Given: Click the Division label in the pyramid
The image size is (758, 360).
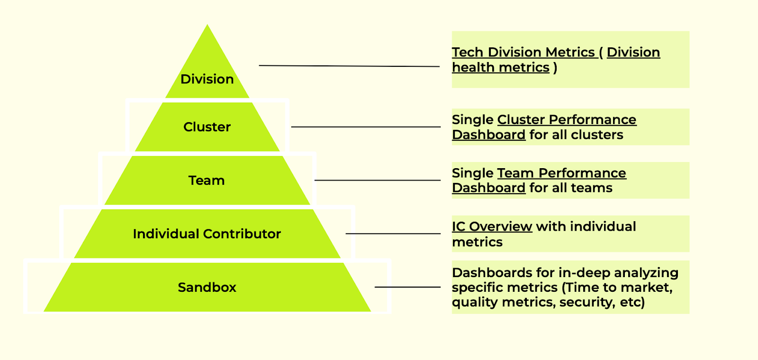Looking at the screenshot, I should tap(207, 79).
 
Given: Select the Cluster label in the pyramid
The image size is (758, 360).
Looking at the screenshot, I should tap(207, 127).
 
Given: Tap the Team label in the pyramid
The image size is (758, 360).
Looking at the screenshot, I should tap(207, 180).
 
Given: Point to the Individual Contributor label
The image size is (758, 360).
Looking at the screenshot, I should tap(207, 234).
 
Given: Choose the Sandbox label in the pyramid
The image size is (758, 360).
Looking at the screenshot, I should tap(207, 288).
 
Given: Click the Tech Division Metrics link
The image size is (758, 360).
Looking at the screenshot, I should tap(523, 52).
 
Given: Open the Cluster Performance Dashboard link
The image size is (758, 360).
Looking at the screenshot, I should tap(567, 120).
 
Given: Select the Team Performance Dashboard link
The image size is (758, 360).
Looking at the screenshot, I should tap(561, 173).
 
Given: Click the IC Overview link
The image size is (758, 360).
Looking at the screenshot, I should tap(492, 227).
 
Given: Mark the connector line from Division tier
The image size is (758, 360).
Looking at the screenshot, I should tap(349, 66).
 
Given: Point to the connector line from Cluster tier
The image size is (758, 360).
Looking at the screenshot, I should tap(366, 127).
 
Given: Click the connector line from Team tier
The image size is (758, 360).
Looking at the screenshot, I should tap(378, 180).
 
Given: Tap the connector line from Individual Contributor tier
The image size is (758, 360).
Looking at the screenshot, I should tap(393, 234).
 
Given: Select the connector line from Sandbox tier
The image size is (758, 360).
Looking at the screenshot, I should tap(407, 287).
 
